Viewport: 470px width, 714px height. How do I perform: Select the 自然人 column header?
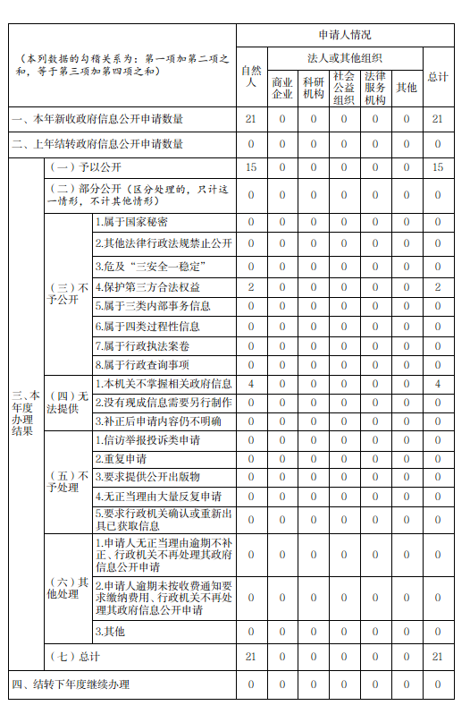pyautogui.click(x=251, y=76)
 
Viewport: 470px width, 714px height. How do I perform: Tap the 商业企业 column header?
pyautogui.click(x=282, y=87)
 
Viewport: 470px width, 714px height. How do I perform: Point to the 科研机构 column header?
pyautogui.click(x=314, y=87)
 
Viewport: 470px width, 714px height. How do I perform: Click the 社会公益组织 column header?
pyautogui.click(x=344, y=87)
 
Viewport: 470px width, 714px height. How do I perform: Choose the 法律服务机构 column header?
pyautogui.click(x=375, y=87)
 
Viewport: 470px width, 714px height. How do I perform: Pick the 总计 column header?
pyautogui.click(x=438, y=77)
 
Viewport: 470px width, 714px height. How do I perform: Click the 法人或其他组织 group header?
pyautogui.click(x=344, y=56)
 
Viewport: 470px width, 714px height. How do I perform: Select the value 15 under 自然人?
pyautogui.click(x=251, y=167)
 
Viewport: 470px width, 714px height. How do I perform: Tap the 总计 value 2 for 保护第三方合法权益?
pyautogui.click(x=438, y=287)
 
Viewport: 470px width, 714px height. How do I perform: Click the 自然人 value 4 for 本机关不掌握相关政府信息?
pyautogui.click(x=251, y=384)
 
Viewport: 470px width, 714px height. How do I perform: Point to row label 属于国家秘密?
pyautogui.click(x=131, y=222)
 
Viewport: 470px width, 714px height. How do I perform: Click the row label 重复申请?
pyautogui.click(x=121, y=459)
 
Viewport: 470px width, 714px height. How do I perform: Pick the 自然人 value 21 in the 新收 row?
pyautogui.click(x=251, y=119)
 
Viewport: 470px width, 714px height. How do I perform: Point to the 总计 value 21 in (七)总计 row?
pyautogui.click(x=438, y=657)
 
